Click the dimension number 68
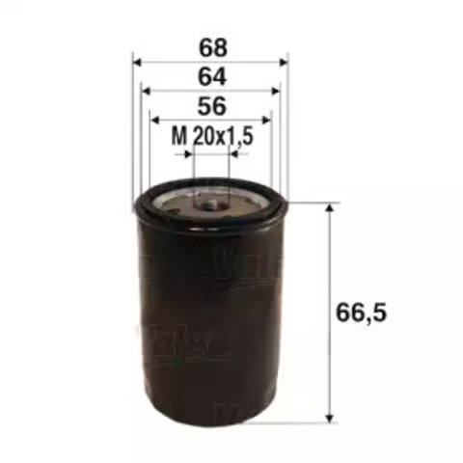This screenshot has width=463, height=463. pos(210,45)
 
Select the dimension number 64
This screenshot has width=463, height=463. pos(210,77)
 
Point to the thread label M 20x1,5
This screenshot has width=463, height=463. pos(211,138)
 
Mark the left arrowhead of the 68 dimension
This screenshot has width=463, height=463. pos(137,62)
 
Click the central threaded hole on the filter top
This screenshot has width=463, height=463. pos(211,204)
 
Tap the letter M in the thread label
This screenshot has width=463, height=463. pos(177,138)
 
